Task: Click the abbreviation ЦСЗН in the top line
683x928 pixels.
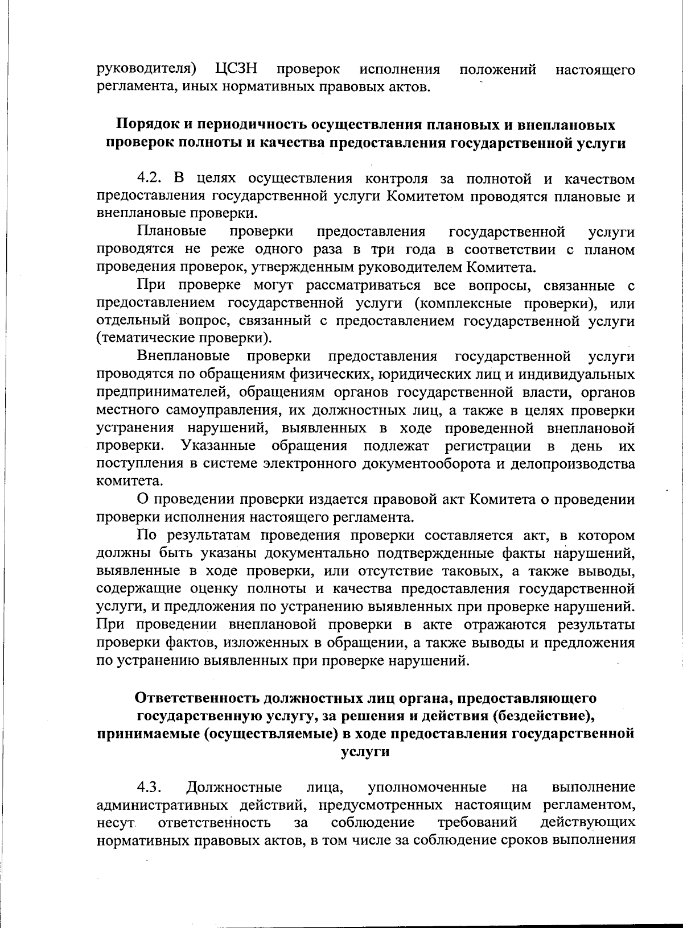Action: pos(236,70)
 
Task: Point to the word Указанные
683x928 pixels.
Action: pos(218,445)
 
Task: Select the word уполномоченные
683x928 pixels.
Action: pos(427,788)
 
